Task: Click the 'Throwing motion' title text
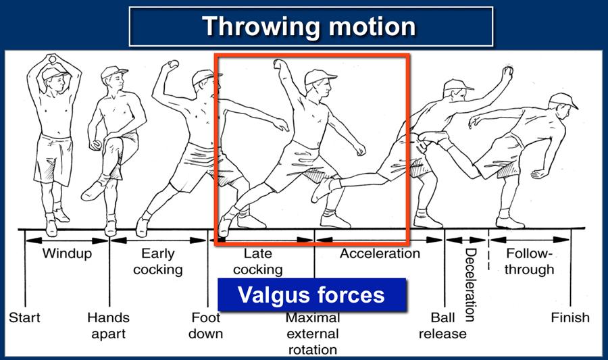click(x=309, y=26)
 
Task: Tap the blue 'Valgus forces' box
click(x=311, y=294)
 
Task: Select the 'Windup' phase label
click(x=67, y=253)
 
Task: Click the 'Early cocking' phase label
click(x=158, y=261)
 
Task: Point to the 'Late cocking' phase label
click(x=258, y=261)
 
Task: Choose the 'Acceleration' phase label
click(x=380, y=253)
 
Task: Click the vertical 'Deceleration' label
click(x=470, y=285)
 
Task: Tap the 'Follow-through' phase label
click(x=529, y=261)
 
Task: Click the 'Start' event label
click(x=24, y=317)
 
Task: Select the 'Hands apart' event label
click(x=108, y=326)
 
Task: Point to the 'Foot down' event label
click(x=205, y=326)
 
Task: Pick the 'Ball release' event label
click(x=442, y=326)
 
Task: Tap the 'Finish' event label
click(x=570, y=317)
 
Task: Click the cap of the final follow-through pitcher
click(x=563, y=101)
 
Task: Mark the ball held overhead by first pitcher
click(x=52, y=59)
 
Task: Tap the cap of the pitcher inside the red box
click(x=320, y=77)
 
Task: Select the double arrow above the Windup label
click(x=67, y=240)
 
